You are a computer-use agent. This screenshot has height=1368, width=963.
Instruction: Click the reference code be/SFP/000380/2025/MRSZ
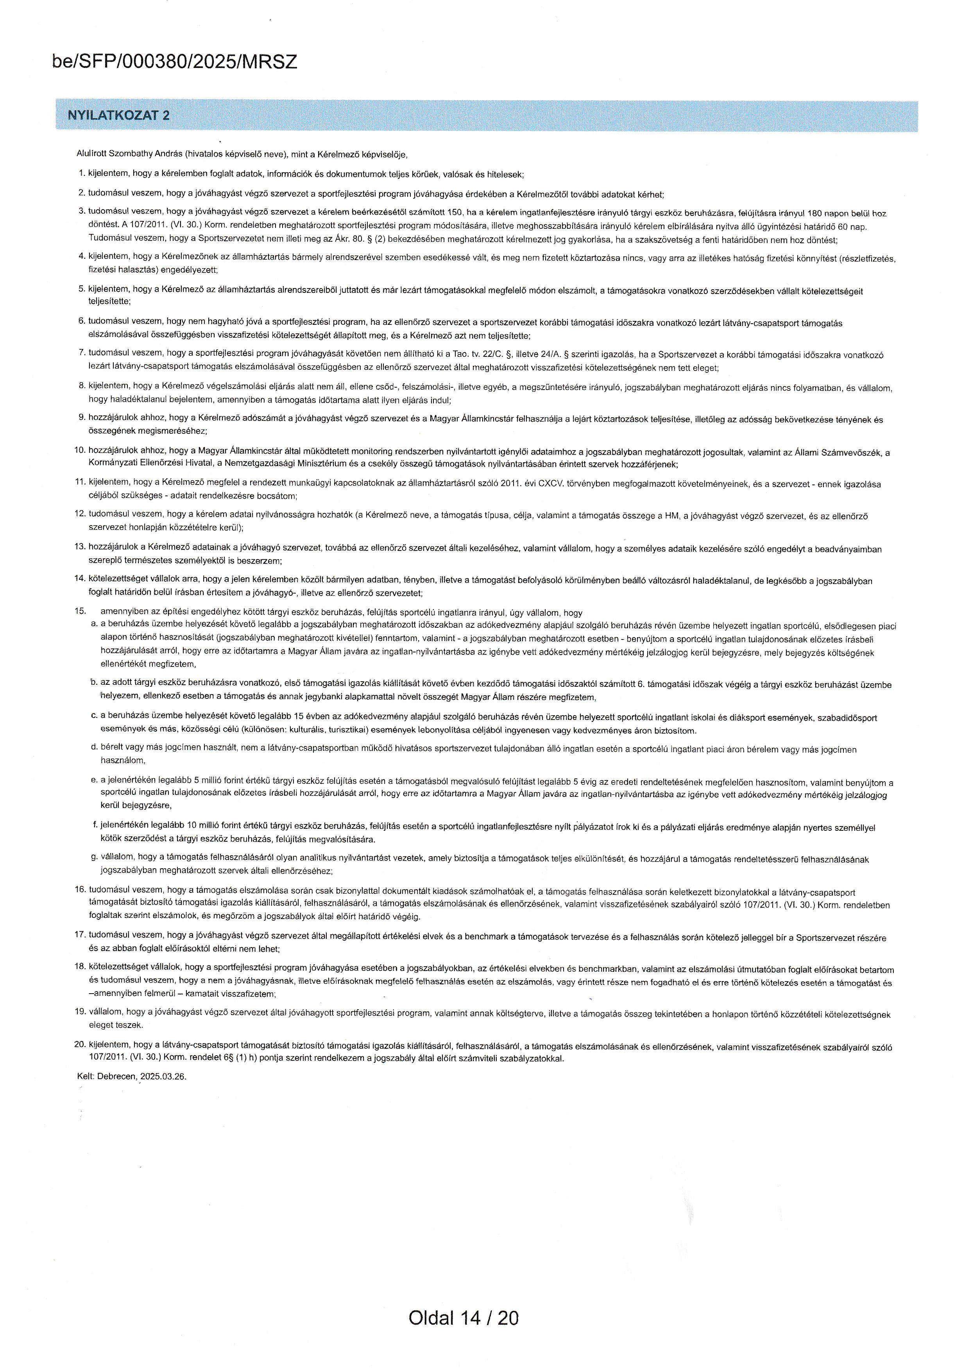[175, 62]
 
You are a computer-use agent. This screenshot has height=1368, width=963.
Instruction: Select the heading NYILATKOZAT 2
[119, 116]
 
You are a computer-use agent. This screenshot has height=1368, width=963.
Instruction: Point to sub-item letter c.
[94, 717]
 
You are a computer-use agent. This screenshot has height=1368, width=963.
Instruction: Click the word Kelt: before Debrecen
[86, 1077]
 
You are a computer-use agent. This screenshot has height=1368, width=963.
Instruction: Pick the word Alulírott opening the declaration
[91, 154]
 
